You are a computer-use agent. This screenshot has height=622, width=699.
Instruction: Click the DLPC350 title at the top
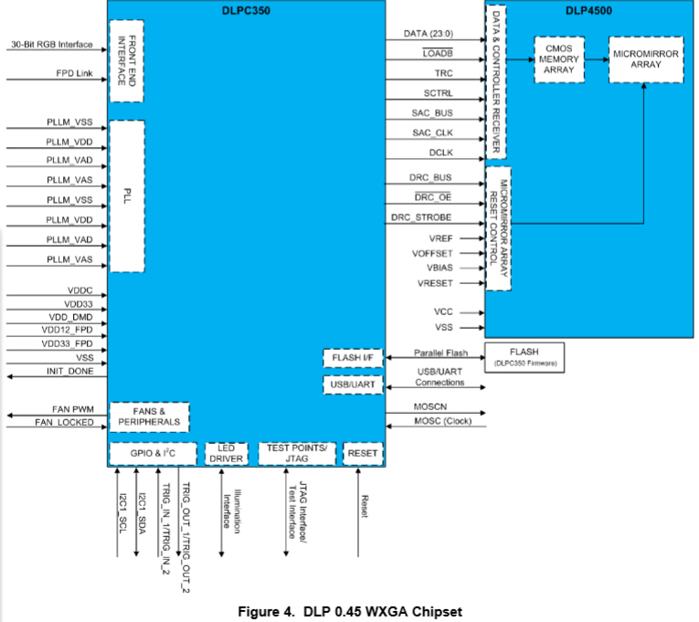[x=248, y=11]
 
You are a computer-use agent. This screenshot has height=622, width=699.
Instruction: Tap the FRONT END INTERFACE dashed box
[x=127, y=60]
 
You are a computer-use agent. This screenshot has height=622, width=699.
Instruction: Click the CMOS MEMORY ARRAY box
[x=557, y=60]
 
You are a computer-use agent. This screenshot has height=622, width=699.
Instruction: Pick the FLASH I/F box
[x=351, y=357]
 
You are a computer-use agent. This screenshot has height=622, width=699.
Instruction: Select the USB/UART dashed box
[x=351, y=385]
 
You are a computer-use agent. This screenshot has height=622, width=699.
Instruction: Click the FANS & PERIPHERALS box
[x=149, y=416]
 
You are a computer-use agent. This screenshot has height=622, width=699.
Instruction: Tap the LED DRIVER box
[x=226, y=453]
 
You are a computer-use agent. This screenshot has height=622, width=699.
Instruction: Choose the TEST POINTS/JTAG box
[x=296, y=453]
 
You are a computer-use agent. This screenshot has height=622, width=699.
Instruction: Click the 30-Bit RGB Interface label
[x=53, y=44]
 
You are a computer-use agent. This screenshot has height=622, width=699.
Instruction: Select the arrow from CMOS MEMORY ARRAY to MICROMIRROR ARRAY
[x=596, y=60]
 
